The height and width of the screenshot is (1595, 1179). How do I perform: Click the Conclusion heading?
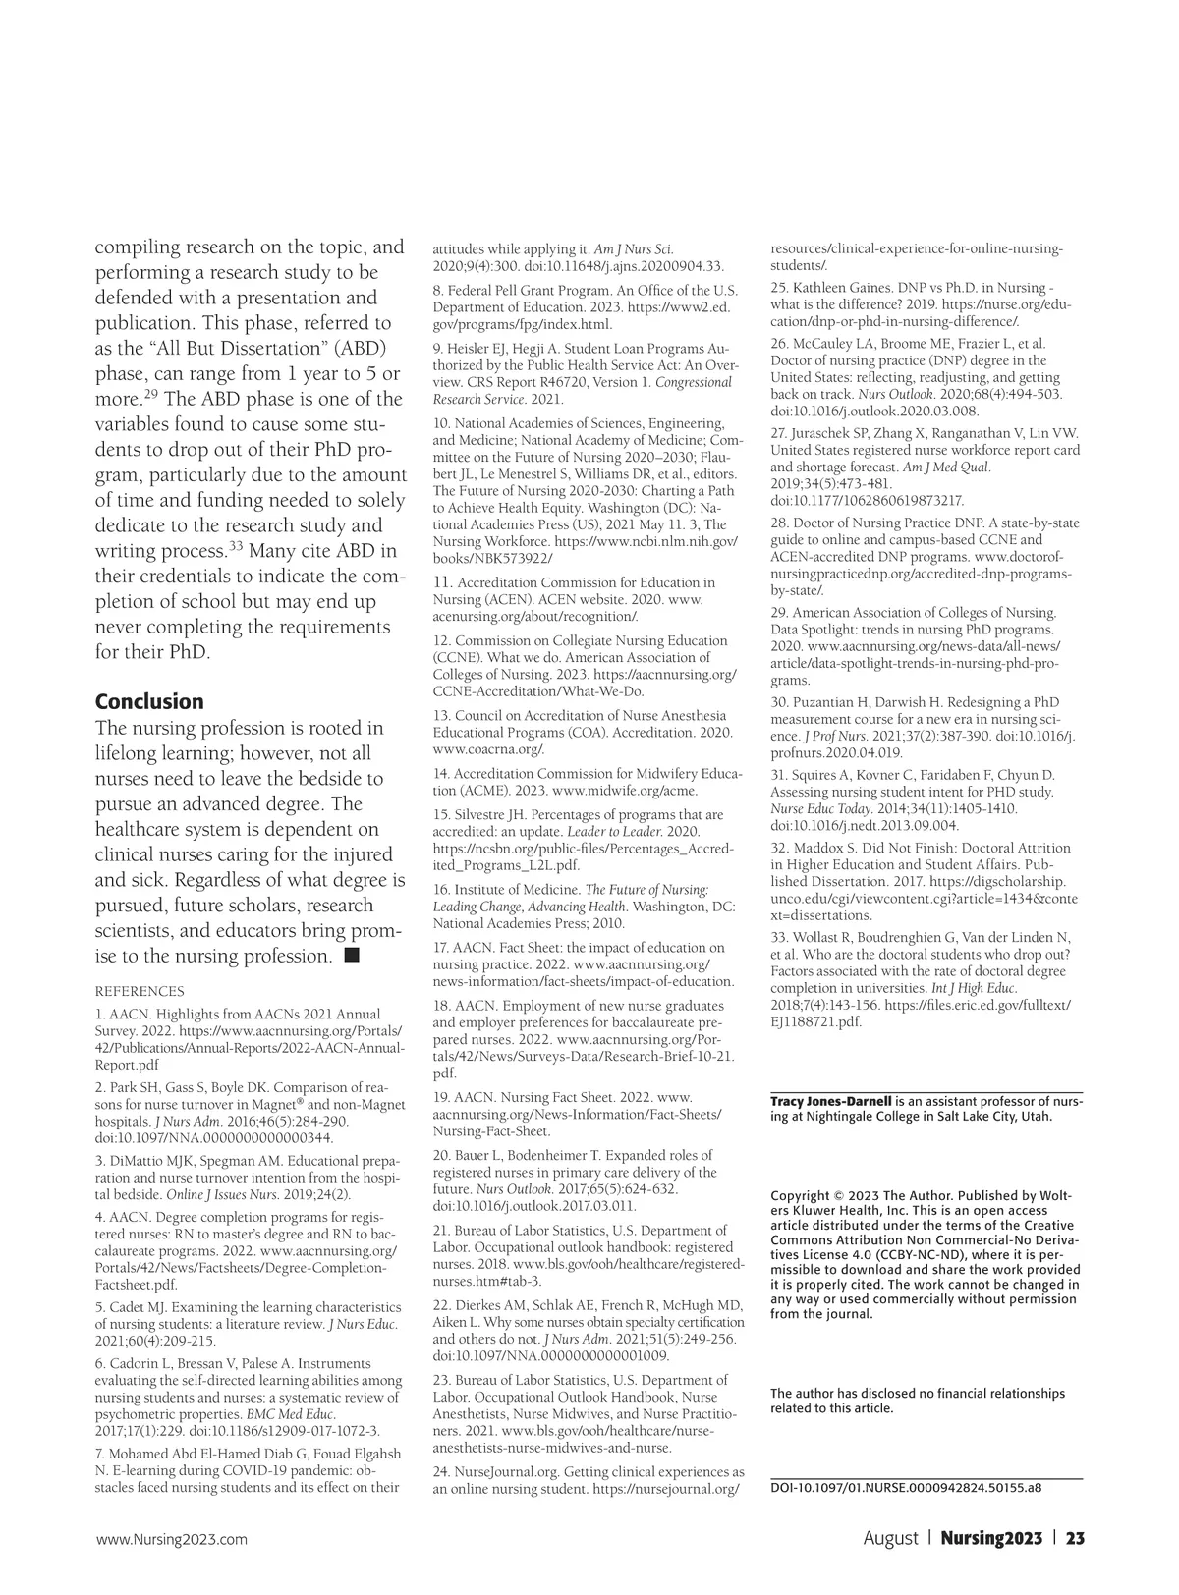coord(149,701)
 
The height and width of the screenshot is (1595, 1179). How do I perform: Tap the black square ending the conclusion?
coord(352,955)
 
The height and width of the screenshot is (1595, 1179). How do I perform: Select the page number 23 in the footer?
coord(1075,1538)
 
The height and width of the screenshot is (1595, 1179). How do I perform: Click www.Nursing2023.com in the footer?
coord(171,1539)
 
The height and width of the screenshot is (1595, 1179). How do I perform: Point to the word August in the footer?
coord(890,1538)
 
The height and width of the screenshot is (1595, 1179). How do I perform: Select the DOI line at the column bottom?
coord(905,1487)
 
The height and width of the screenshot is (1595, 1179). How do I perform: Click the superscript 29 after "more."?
coord(151,395)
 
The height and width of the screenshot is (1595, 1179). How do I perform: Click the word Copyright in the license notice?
coord(800,1195)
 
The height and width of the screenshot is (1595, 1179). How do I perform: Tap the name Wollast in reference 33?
coord(815,937)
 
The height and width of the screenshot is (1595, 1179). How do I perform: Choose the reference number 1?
coord(99,1014)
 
